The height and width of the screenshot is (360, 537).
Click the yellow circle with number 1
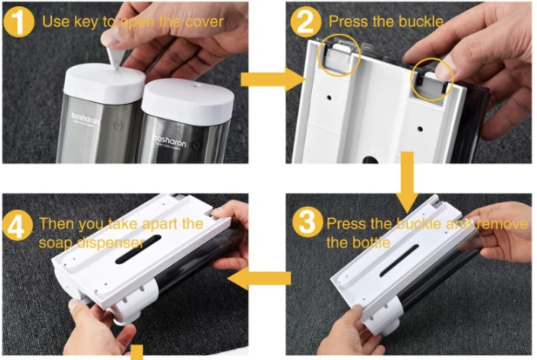[x=19, y=21]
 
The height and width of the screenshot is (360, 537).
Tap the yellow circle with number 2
[x=306, y=21]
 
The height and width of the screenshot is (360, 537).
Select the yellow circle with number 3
[x=307, y=222]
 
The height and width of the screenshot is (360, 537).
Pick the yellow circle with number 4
[x=17, y=226]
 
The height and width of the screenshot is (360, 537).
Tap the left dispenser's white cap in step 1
[x=105, y=83]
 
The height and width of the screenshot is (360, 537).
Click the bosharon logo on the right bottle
[x=169, y=141]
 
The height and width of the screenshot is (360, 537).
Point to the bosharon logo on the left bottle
[x=85, y=119]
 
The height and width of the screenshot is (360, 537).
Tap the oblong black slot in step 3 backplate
[x=399, y=260]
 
